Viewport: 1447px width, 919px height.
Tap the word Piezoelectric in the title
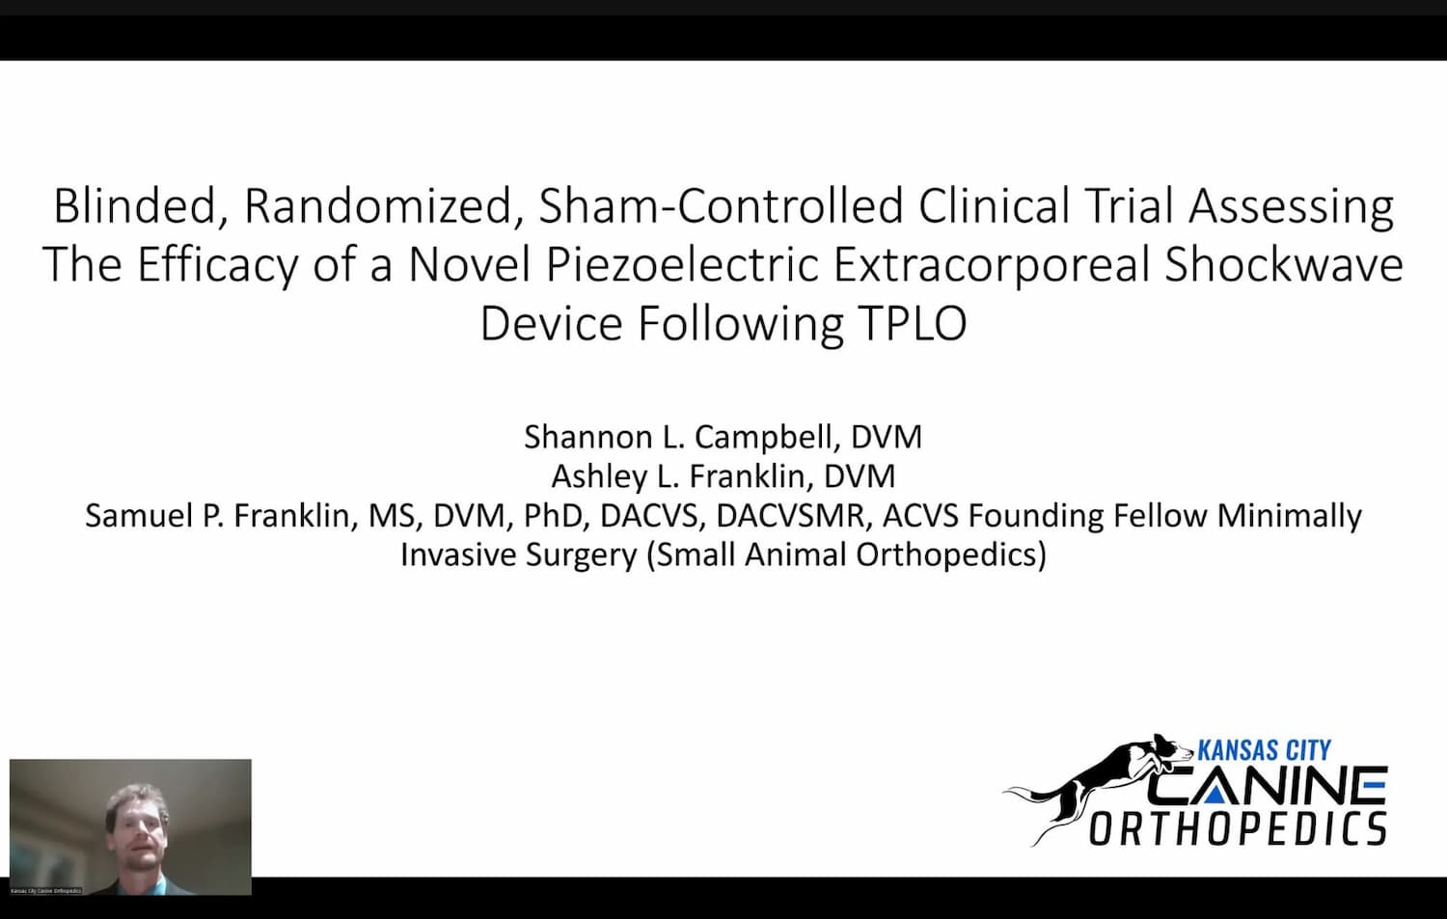[682, 265]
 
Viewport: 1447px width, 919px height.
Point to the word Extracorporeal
[992, 265]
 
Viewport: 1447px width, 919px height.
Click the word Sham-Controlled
[721, 206]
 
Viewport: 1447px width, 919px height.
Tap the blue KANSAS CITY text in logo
[1264, 750]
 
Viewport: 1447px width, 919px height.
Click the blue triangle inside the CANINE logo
[1214, 795]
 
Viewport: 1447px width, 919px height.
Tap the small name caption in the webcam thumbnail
[46, 891]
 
